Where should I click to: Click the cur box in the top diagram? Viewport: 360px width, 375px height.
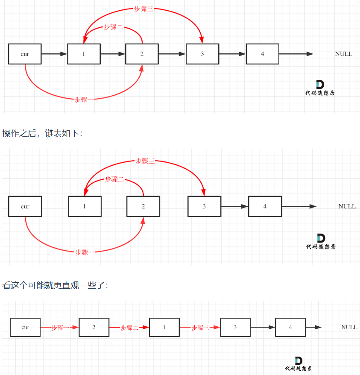25,54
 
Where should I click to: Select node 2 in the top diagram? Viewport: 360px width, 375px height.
142,54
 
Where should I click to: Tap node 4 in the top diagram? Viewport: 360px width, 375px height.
262,54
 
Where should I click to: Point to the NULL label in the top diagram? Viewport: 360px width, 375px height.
344,54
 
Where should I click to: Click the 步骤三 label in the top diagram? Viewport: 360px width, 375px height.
143,9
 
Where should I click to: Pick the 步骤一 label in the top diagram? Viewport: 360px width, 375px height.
84,100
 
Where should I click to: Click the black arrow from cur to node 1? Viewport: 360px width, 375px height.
54,54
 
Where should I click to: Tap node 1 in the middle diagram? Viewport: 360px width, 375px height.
85,206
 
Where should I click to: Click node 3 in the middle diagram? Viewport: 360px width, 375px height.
204,206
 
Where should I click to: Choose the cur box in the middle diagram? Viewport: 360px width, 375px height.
25,206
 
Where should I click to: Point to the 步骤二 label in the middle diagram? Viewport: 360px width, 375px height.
114,179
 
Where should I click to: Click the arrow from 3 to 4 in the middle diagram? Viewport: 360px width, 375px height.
234,206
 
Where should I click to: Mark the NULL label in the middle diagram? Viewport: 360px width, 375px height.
347,206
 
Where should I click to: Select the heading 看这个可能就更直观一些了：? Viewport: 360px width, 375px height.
56,285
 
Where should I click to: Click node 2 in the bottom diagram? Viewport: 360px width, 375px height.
94,327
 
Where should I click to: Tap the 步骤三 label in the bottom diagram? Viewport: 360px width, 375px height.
200,328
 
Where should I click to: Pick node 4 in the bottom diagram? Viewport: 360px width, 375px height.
290,327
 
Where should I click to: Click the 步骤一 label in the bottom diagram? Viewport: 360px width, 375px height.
60,328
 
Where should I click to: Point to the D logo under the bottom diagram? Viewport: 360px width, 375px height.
299,361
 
